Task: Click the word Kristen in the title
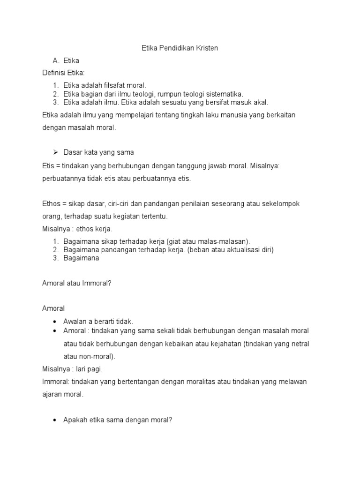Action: click(x=207, y=48)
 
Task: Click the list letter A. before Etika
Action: click(x=56, y=60)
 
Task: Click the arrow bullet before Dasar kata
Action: click(x=55, y=152)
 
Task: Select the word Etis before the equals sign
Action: click(x=47, y=165)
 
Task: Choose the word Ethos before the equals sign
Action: click(x=50, y=203)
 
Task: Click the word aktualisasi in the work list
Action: click(x=238, y=250)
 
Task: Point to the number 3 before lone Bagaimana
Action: click(x=55, y=258)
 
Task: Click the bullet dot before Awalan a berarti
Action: click(x=55, y=322)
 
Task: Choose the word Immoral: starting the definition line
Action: click(x=55, y=382)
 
